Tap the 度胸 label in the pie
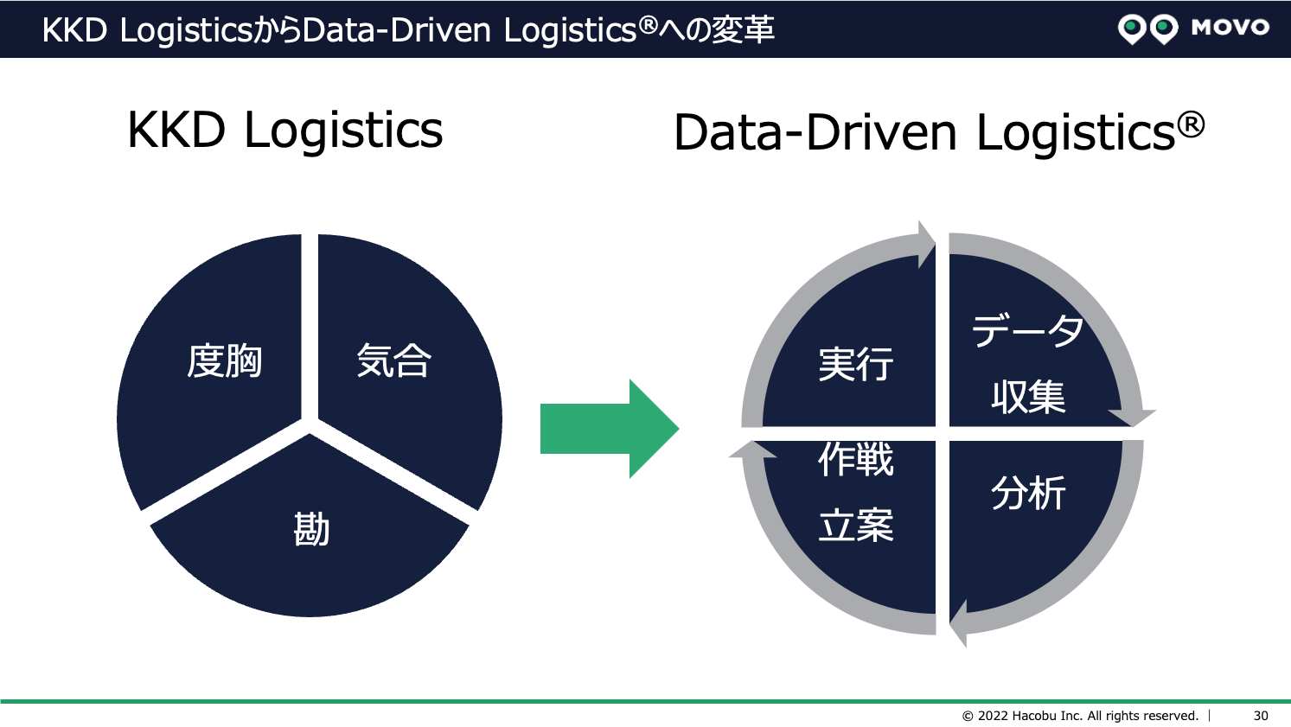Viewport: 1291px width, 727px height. pos(225,361)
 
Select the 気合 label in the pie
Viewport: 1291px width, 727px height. pos(393,361)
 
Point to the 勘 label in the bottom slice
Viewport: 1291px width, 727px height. pos(311,528)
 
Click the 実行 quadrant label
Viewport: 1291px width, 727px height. pos(855,364)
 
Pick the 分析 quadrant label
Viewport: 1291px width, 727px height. pos(1028,493)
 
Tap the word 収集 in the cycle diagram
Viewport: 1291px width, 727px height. pos(1028,397)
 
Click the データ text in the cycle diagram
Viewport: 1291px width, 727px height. pos(1027,331)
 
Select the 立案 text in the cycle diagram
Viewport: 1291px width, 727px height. pos(855,526)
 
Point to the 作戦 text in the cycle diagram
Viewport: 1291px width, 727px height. pos(855,459)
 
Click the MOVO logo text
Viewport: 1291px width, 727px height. pos(1230,28)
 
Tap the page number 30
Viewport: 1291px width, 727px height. pos(1261,716)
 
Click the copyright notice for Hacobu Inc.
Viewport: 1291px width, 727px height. pos(1080,716)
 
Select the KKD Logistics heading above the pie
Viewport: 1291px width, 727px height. pos(284,131)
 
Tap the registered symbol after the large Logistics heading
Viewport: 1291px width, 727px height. pos(1191,125)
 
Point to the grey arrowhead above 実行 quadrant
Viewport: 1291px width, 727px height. pos(926,241)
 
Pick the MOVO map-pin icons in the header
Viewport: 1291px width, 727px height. pos(1147,29)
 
